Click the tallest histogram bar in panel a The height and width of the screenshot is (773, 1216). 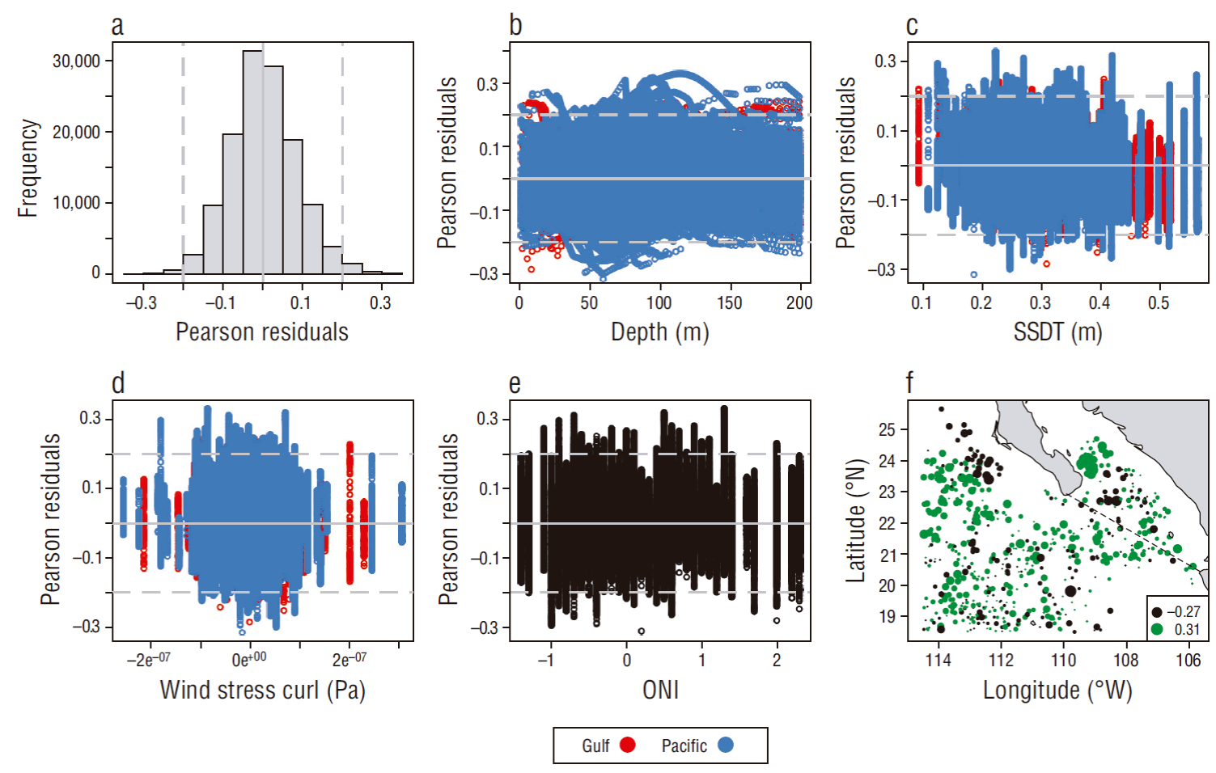[252, 162]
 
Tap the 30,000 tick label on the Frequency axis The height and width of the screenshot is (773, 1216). [76, 61]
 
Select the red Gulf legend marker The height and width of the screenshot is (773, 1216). [628, 745]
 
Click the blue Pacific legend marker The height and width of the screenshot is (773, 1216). [726, 745]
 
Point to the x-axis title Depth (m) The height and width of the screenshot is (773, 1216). [659, 332]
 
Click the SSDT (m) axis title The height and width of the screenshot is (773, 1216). [1057, 332]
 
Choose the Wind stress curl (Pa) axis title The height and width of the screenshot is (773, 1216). [262, 690]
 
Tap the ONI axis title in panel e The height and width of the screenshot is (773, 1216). [660, 690]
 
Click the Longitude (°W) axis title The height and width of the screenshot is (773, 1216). [1057, 690]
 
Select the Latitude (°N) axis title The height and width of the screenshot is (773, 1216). [855, 521]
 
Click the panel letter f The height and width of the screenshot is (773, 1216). [910, 382]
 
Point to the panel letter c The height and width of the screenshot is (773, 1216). [912, 25]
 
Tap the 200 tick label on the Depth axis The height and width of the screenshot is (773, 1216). [799, 302]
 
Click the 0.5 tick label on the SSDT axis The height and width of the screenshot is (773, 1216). [1159, 302]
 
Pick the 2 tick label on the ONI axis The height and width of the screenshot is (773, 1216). [777, 660]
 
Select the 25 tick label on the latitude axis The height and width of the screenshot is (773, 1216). [887, 429]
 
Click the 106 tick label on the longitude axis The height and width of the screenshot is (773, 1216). [1188, 660]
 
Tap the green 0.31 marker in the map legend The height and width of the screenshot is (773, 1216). [1158, 629]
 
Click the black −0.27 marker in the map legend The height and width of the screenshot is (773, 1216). [1158, 612]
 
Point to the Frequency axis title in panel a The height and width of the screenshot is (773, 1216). [28, 168]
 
